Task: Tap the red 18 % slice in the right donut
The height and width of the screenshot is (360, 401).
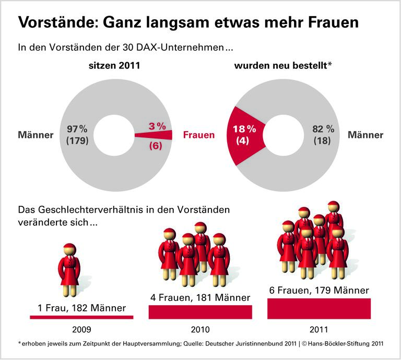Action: [244, 135]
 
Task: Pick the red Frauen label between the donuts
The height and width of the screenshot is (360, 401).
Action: [199, 135]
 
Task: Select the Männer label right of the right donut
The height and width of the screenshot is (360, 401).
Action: [365, 135]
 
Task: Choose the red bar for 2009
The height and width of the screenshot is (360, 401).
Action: [82, 317]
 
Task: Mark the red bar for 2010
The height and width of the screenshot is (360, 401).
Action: [200, 312]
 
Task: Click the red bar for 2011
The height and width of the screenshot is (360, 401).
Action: [319, 308]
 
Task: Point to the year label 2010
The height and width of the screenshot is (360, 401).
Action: [200, 330]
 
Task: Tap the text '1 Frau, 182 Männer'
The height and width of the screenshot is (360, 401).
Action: [82, 308]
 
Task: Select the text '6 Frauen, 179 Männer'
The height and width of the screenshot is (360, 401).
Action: [319, 290]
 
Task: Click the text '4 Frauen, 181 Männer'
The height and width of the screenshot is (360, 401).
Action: [200, 297]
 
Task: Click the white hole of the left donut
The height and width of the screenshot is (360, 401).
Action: [113, 135]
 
